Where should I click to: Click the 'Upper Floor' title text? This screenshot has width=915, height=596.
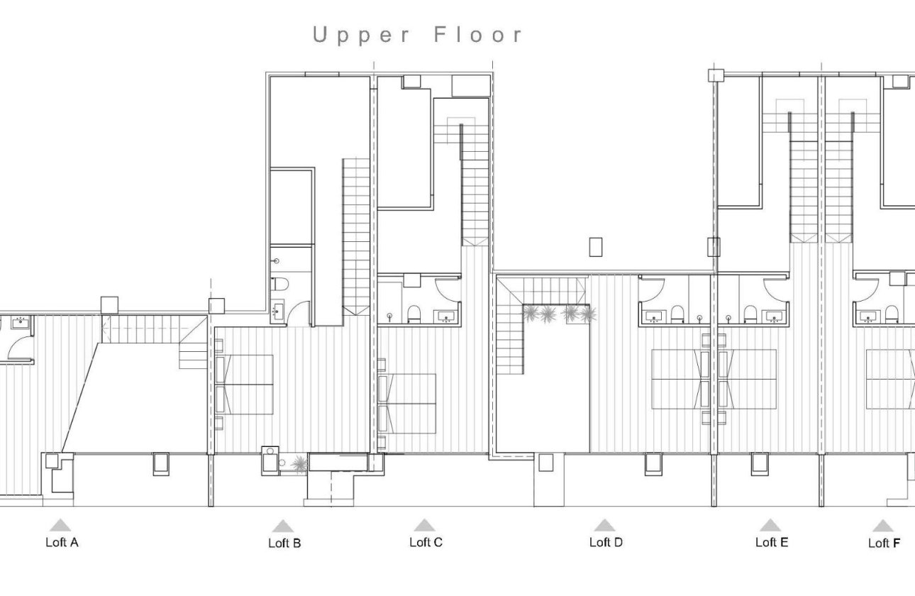click(x=418, y=35)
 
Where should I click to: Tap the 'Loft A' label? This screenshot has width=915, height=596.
click(x=62, y=543)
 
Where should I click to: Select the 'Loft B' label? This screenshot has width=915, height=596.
click(x=284, y=543)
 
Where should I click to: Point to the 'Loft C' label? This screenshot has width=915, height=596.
click(x=426, y=543)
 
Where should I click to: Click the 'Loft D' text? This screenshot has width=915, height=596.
click(x=606, y=543)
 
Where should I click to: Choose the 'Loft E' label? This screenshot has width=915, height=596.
click(x=772, y=543)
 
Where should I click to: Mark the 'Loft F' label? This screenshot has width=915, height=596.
click(x=884, y=543)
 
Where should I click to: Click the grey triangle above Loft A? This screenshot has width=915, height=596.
click(x=60, y=525)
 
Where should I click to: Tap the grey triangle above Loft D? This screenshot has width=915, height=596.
click(x=604, y=525)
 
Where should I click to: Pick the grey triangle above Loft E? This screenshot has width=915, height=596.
click(x=770, y=525)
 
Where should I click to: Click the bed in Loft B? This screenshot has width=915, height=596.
click(x=245, y=384)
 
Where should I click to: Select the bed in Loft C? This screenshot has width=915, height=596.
click(x=408, y=402)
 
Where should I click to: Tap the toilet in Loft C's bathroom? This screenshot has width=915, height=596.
click(x=414, y=314)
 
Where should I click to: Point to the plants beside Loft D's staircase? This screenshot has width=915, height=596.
click(x=559, y=313)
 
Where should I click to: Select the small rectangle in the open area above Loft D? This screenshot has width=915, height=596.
click(x=596, y=247)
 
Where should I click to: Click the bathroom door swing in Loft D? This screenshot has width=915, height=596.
click(x=653, y=289)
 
